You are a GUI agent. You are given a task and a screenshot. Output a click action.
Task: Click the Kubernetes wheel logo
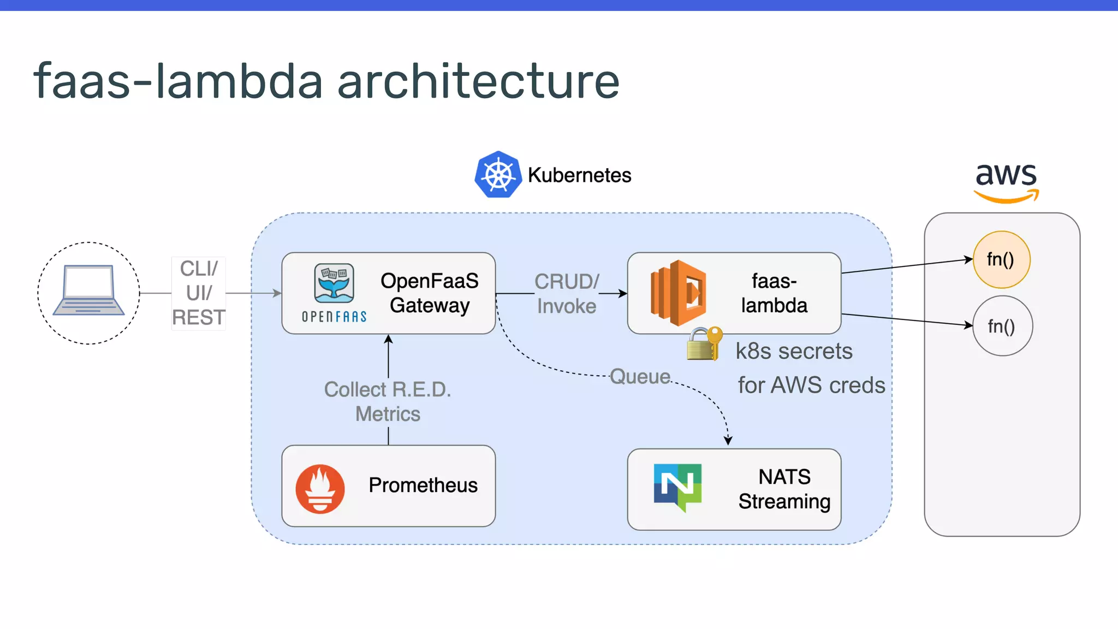click(498, 175)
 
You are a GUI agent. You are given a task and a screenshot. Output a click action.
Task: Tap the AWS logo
click(1006, 182)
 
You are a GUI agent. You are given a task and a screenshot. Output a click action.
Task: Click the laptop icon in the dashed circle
click(88, 290)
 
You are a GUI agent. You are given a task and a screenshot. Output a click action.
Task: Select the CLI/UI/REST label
click(199, 293)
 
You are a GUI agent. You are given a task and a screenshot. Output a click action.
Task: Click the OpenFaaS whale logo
click(334, 283)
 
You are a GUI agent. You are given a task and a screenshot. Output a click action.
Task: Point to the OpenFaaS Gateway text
click(430, 293)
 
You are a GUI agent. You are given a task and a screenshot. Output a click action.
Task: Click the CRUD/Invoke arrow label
click(567, 294)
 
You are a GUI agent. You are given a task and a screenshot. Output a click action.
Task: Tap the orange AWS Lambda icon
click(678, 293)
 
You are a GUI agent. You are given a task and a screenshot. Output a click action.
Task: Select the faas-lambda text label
click(774, 293)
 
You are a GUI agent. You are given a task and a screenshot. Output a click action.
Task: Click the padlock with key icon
click(704, 343)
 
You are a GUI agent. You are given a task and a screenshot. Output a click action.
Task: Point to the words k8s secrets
click(794, 351)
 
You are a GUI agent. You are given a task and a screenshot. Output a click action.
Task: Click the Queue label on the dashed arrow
click(640, 377)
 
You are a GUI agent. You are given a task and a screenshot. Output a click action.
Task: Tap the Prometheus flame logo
click(320, 488)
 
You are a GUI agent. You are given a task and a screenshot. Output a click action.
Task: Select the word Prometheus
click(423, 485)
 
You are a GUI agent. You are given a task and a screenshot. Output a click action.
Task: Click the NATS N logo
click(677, 486)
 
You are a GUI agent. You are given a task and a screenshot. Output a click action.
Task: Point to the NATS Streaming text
click(784, 489)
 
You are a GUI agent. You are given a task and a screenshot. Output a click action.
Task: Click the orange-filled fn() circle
click(1001, 259)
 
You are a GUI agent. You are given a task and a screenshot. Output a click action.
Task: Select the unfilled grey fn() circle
click(1002, 326)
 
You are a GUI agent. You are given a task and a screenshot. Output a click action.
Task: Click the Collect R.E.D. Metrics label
click(388, 402)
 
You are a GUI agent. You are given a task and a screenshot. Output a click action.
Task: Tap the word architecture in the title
click(478, 81)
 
